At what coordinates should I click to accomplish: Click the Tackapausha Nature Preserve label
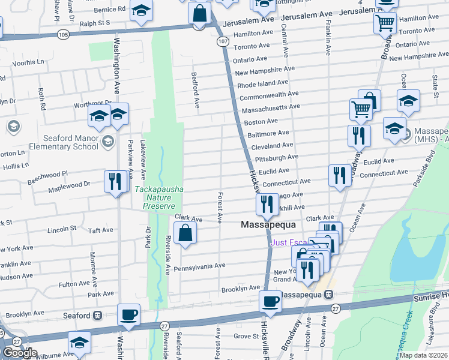tap(159, 197)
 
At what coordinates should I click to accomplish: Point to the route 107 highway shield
tap(222, 41)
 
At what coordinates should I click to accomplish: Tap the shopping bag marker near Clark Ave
tap(185, 233)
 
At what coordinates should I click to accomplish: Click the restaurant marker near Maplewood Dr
tap(114, 181)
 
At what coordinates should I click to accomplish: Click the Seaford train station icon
tap(97, 315)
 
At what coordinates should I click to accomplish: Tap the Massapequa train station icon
tap(328, 295)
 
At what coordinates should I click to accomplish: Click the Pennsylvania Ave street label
tap(199, 265)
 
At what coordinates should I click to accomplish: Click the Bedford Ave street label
tap(195, 90)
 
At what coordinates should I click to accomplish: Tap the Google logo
tap(20, 353)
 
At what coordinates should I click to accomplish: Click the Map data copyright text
tap(424, 355)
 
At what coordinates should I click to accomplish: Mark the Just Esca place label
tap(290, 242)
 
